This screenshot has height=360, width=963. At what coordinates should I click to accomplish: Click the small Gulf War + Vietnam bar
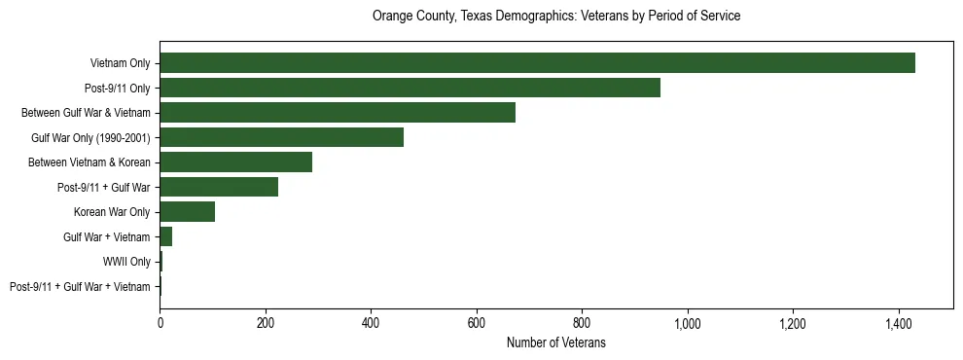pos(166,236)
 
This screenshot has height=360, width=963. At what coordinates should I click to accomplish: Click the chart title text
pos(556,17)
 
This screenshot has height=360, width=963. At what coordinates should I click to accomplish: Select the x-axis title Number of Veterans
pos(556,342)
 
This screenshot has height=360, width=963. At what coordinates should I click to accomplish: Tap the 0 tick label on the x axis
pos(160,322)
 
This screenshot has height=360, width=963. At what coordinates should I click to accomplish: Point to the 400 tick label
pos(371,322)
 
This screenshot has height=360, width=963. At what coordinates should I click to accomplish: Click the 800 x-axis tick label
pos(582,322)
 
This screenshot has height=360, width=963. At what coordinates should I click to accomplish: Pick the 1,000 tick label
pos(688,322)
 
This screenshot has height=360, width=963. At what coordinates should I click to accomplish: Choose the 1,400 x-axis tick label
pos(899,322)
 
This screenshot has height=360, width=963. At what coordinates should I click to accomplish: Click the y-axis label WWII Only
pos(126,262)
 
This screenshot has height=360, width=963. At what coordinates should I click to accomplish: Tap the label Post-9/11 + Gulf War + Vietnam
pos(80,286)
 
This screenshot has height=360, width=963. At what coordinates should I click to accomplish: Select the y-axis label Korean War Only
pos(112,212)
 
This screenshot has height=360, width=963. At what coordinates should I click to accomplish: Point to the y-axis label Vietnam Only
pos(120,63)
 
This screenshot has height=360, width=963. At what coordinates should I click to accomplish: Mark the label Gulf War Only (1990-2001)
pos(90,137)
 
